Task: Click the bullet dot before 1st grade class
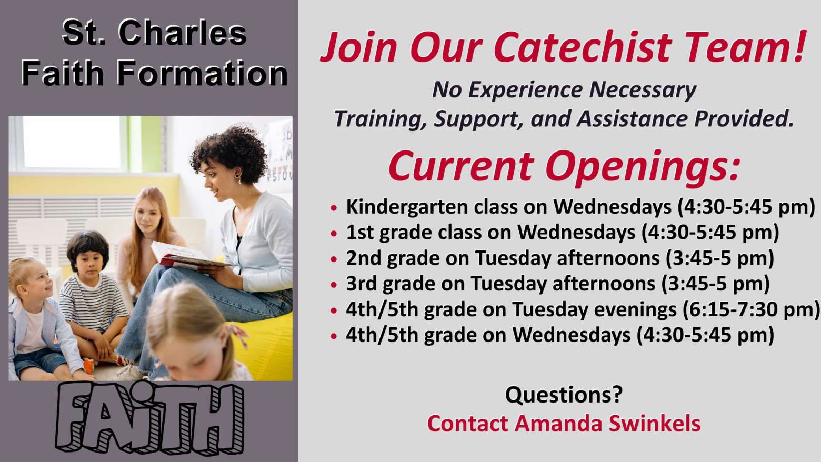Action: coord(333,234)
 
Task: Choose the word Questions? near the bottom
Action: coord(564,395)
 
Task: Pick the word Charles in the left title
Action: coord(182,33)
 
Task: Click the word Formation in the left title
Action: coord(202,73)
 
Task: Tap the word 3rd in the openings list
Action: coord(362,284)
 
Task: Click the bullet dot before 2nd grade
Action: coord(333,259)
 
